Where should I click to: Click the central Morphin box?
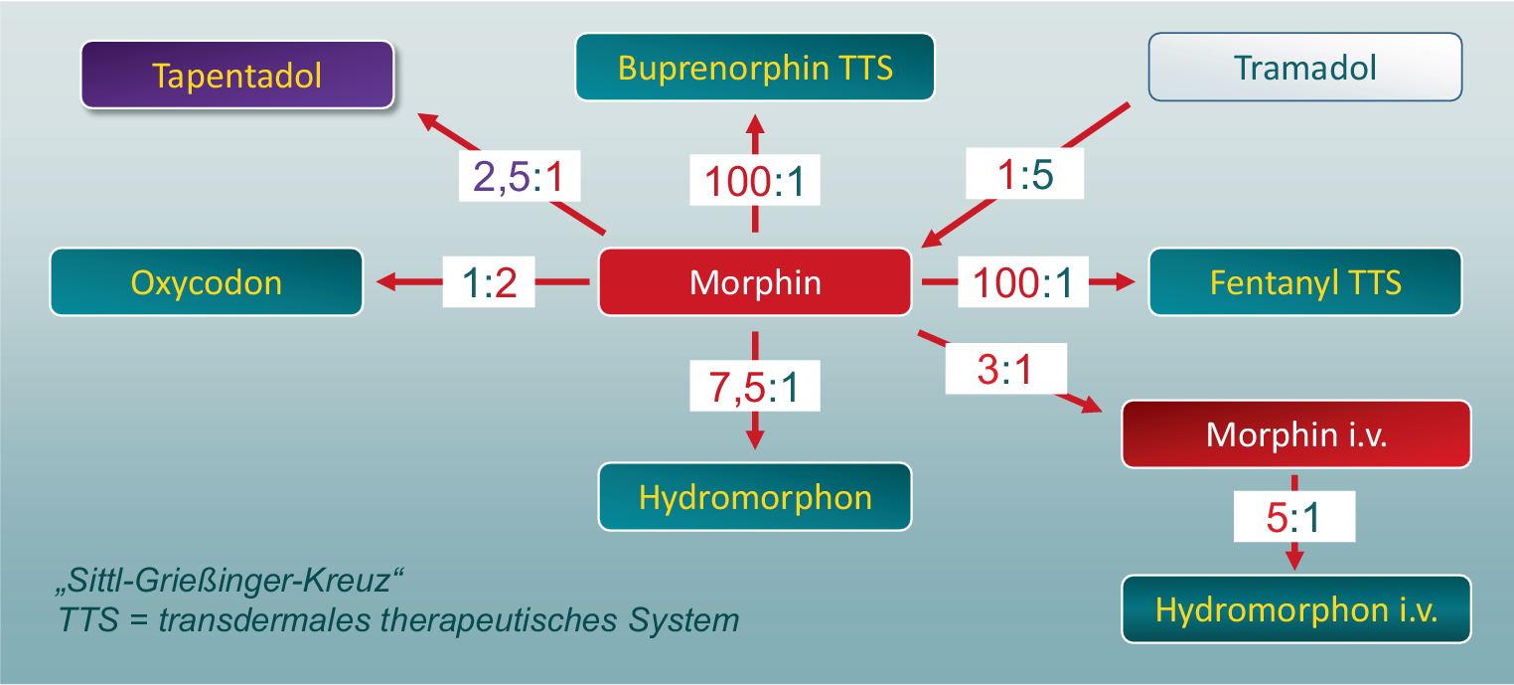[755, 282]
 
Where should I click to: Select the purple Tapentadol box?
[237, 75]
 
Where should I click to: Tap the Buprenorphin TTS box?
[755, 68]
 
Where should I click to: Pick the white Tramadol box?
[1304, 68]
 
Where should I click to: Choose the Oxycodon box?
[207, 282]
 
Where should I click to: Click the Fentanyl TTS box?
[1304, 282]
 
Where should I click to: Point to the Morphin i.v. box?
[1295, 434]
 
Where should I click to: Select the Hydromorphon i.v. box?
[1295, 609]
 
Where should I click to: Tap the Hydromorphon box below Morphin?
[755, 497]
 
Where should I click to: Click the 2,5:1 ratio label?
[519, 179]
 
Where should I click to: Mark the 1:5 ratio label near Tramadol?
[1024, 175]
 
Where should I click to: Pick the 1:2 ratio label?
[489, 283]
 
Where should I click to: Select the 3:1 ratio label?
[1005, 371]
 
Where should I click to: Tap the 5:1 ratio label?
[1293, 518]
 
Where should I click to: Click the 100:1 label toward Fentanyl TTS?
[1022, 283]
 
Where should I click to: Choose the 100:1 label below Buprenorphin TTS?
[755, 182]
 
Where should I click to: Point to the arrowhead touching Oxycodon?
[382, 283]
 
